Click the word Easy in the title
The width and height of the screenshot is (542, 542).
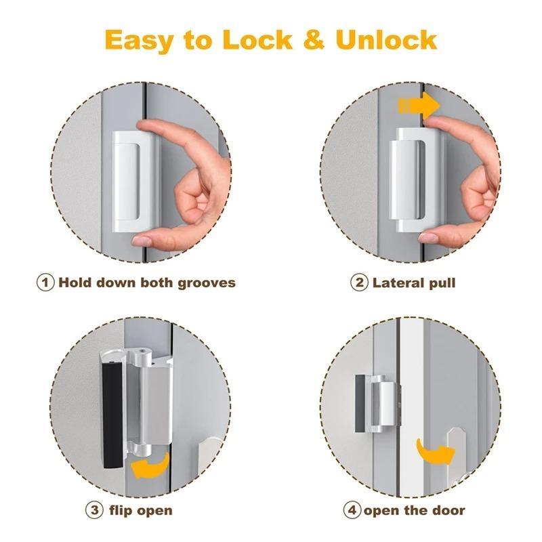[139, 40]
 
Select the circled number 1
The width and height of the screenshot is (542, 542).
[45, 282]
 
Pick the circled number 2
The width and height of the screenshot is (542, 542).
[359, 282]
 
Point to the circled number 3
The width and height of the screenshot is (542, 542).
[95, 509]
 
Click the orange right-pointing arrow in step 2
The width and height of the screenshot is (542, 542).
[419, 106]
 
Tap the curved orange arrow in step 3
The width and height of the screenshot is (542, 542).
[150, 465]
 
